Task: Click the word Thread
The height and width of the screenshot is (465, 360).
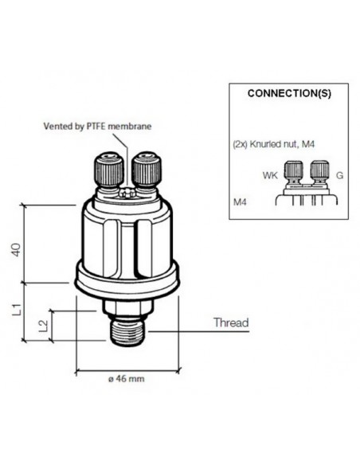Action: (230, 323)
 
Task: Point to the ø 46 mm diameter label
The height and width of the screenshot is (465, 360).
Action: (127, 379)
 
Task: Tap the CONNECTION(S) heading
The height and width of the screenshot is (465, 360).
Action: (289, 93)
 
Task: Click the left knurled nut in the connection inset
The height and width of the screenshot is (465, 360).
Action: (293, 170)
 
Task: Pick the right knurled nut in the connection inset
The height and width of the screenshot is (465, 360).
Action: (319, 170)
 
